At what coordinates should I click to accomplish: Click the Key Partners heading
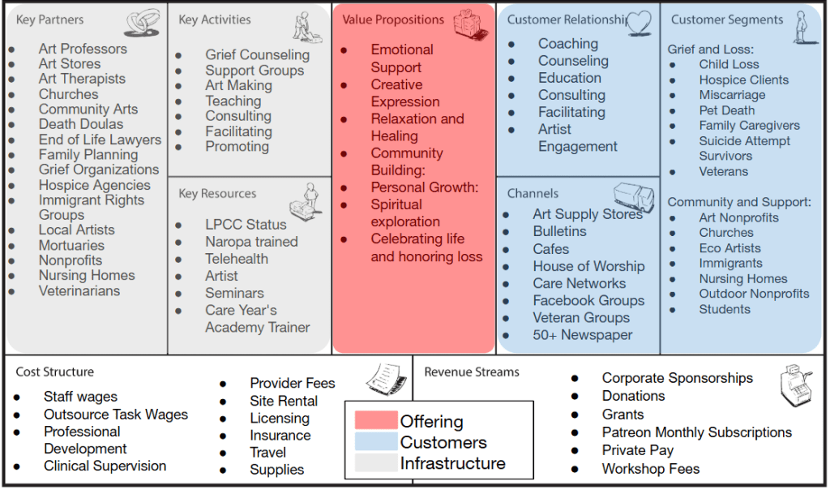tap(49, 19)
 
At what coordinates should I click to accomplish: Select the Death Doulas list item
tap(81, 124)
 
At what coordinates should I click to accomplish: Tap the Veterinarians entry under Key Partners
tap(79, 290)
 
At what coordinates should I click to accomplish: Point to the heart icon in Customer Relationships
tap(639, 22)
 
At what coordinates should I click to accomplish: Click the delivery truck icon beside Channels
tap(634, 197)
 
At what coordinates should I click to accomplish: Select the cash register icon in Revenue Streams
tap(795, 386)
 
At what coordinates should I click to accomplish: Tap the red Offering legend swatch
tap(376, 421)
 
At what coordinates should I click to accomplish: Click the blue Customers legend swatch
tap(376, 442)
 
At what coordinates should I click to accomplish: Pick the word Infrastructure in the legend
tap(452, 463)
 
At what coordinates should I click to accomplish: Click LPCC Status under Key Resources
tap(246, 225)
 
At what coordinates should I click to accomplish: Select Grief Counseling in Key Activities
tap(257, 55)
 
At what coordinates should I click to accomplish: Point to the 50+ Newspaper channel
tap(583, 335)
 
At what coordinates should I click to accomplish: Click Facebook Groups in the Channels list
tap(588, 300)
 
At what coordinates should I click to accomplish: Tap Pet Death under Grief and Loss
tap(727, 110)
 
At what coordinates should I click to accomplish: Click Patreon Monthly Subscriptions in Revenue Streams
tap(685, 432)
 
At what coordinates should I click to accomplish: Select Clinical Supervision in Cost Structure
tap(105, 466)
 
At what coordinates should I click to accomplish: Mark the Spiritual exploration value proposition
tap(405, 213)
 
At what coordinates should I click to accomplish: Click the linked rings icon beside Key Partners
tap(142, 23)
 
